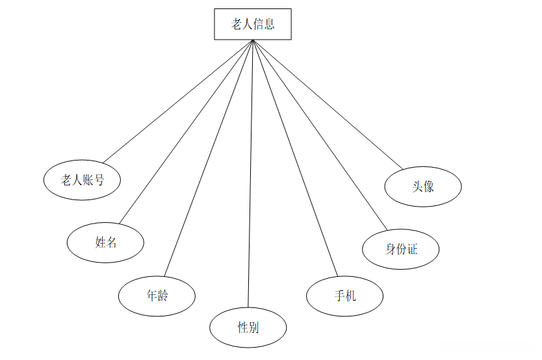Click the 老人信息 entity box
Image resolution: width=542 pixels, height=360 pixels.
tap(253, 24)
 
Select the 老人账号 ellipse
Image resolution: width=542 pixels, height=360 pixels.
tap(82, 180)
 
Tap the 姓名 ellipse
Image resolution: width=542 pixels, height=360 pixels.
tap(105, 242)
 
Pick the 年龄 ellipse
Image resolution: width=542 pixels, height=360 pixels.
tap(157, 296)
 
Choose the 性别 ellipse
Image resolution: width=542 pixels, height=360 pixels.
tap(248, 327)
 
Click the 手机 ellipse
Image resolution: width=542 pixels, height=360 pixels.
tap(344, 296)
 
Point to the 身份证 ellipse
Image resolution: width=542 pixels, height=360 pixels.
tap(400, 249)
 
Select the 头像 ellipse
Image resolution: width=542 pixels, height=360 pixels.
tap(422, 186)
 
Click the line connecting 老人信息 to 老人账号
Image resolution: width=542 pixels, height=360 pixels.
tap(177, 101)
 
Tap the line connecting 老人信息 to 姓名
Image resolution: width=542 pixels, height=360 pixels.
tap(186, 132)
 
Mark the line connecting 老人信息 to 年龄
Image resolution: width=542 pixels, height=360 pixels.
tap(208, 158)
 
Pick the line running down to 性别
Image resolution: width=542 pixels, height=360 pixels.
tap(250, 175)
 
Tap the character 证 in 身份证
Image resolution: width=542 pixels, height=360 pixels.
tap(412, 249)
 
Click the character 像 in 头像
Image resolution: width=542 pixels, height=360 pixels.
tap(428, 186)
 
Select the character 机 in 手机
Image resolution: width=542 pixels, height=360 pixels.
tap(350, 296)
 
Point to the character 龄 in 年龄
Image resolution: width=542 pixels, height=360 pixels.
tap(162, 296)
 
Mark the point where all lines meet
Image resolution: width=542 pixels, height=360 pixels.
tap(252, 40)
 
